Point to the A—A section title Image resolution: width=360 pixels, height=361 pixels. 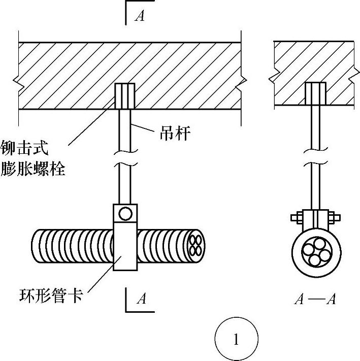point(315,299)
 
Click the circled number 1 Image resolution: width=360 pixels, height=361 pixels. point(236,339)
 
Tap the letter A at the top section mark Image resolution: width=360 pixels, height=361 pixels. point(140,16)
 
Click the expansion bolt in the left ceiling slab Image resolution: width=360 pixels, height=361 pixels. point(124,95)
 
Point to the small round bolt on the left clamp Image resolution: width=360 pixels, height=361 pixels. point(125,212)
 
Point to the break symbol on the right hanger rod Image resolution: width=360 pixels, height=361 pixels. point(315,152)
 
